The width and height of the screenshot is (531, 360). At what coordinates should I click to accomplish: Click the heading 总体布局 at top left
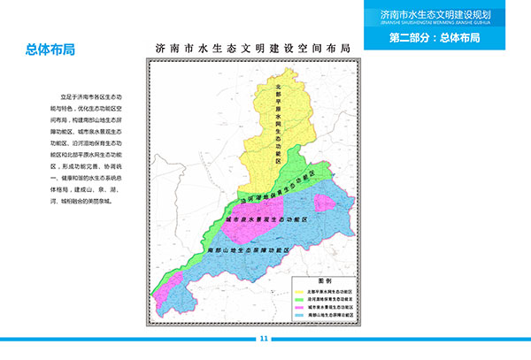coord(50,50)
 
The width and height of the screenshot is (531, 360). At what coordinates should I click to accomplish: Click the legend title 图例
coord(324,279)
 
